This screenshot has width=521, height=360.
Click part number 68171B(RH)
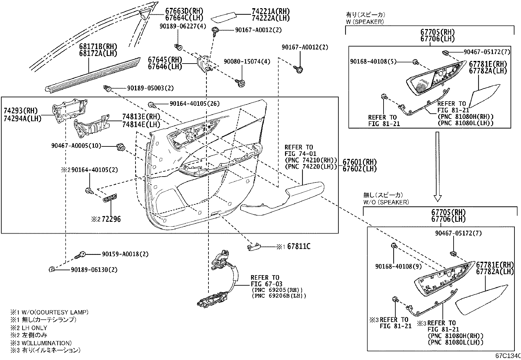pos(98,46)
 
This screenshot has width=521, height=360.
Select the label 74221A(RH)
pos(271,11)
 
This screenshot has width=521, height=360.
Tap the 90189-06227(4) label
pos(183,26)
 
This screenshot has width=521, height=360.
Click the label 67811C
pos(299,246)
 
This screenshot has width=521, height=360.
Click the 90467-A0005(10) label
pos(76,146)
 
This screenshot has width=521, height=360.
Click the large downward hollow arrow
pos(438,167)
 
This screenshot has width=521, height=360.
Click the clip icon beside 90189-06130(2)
pos(51,269)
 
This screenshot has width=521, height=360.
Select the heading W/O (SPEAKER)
pos(386,202)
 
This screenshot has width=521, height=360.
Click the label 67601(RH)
pos(360,162)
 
